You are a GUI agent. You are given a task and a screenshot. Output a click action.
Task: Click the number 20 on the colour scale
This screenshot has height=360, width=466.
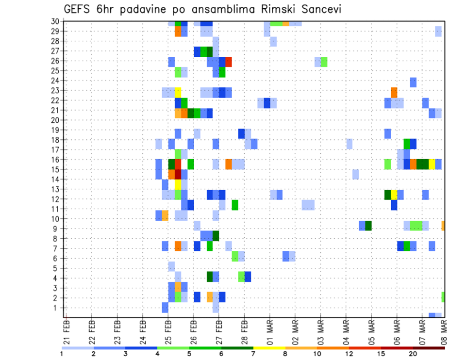coord(413,354)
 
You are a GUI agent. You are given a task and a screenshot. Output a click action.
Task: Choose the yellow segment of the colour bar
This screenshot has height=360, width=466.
coord(269,348)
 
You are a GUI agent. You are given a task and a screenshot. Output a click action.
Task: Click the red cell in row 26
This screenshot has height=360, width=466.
coord(228,62)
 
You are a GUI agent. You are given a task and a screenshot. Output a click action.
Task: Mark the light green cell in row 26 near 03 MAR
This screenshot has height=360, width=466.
coord(324,62)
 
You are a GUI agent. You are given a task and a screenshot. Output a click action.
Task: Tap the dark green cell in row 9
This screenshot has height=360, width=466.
coord(368,226)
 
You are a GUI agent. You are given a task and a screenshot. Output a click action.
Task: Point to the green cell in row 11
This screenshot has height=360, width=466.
coord(235,205)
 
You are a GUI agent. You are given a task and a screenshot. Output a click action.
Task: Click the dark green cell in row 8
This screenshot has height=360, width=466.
coord(216,236)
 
